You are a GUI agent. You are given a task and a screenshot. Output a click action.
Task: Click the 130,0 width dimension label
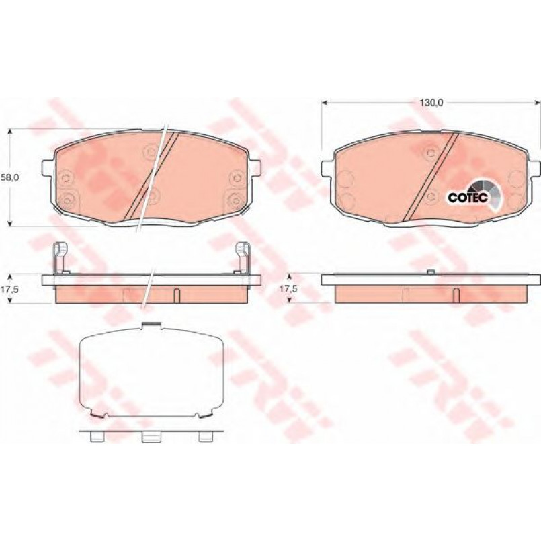[x=431, y=102]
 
